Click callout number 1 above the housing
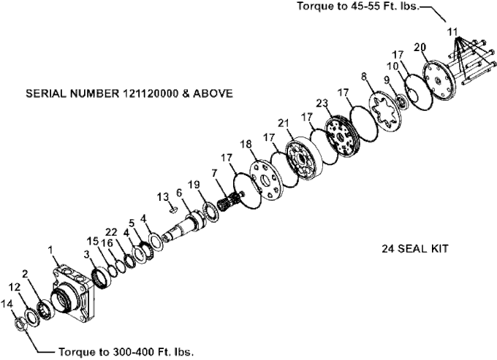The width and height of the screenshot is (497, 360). point(50,250)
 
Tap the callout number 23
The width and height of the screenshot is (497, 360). point(322,104)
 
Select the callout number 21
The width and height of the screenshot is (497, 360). point(284,123)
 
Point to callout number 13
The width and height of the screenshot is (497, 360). point(163,197)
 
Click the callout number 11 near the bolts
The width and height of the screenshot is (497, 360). point(452,32)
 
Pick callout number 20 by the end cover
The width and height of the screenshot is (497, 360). point(420,47)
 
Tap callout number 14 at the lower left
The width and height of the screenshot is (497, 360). point(7,304)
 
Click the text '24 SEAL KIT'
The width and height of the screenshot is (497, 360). point(415,248)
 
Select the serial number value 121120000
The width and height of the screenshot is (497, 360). point(149,93)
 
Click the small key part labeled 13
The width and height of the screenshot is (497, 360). point(173,210)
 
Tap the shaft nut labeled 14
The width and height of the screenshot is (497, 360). point(20,324)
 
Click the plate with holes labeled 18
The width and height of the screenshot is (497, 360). point(265,179)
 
